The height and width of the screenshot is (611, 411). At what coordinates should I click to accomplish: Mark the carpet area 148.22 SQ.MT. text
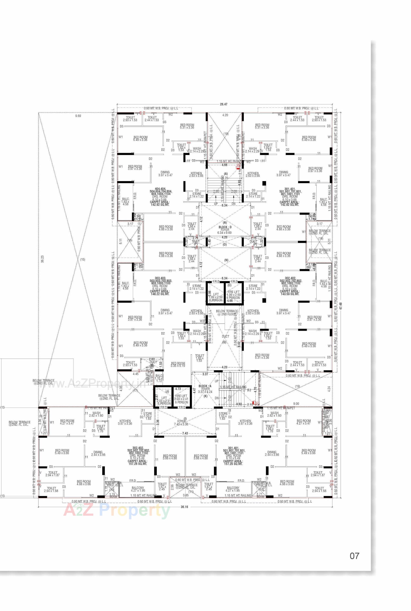click(160, 294)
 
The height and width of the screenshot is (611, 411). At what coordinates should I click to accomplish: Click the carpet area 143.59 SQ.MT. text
click(289, 294)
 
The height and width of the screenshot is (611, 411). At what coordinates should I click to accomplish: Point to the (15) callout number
click(83, 260)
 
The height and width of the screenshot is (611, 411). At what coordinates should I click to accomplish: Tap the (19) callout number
click(297, 386)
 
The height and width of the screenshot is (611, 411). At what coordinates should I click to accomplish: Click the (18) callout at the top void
click(226, 134)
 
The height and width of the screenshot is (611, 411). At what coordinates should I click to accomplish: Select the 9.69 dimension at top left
click(78, 116)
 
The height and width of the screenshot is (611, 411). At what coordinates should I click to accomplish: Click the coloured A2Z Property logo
click(117, 510)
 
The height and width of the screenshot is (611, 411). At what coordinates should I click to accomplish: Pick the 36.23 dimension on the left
click(42, 259)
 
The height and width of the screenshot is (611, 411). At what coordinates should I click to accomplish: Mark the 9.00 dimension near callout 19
click(296, 404)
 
